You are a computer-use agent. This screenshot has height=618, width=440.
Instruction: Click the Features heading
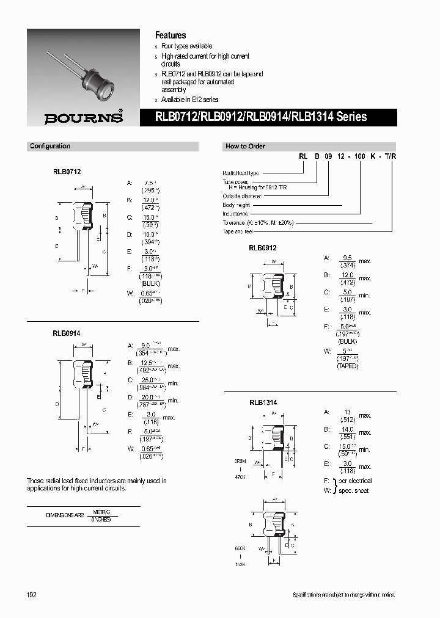170,35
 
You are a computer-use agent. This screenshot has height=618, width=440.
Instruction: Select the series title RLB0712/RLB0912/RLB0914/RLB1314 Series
262,116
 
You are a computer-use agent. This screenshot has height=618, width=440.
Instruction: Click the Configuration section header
50,147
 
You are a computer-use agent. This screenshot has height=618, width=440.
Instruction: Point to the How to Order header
245,147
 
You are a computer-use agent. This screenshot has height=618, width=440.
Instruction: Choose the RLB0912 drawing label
263,248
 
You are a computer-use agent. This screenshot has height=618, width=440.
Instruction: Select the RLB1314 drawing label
263,403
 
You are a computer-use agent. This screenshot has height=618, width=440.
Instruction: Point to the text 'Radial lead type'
241,173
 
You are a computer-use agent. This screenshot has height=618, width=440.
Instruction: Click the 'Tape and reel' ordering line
238,231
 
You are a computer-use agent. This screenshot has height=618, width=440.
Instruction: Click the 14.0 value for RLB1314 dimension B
346,429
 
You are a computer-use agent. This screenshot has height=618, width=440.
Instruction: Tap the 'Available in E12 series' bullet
189,100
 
